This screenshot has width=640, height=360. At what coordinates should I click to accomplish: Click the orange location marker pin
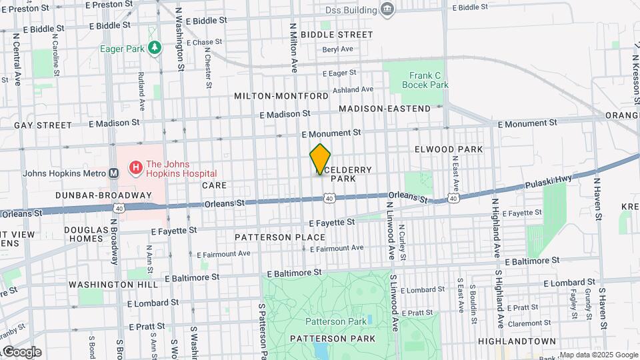(321, 159)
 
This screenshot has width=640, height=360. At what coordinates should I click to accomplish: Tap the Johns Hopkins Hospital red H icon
(136, 166)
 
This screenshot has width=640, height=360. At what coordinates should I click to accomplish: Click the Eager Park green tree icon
(155, 48)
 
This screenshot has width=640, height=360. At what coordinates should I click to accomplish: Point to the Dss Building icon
(387, 9)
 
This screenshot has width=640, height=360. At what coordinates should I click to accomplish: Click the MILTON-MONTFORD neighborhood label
(281, 96)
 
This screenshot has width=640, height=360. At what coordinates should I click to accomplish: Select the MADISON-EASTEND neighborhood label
(385, 108)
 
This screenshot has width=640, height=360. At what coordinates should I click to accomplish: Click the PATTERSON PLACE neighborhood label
(280, 237)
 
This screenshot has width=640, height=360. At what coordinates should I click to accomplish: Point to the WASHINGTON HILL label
(113, 284)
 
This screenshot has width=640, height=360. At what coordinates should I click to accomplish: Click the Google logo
(21, 352)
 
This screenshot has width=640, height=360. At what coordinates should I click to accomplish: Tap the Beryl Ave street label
(337, 49)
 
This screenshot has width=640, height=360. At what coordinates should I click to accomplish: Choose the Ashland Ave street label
(353, 89)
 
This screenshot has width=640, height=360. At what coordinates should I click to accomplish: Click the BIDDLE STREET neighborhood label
(337, 34)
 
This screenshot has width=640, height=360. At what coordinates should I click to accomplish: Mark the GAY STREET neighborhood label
(43, 125)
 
